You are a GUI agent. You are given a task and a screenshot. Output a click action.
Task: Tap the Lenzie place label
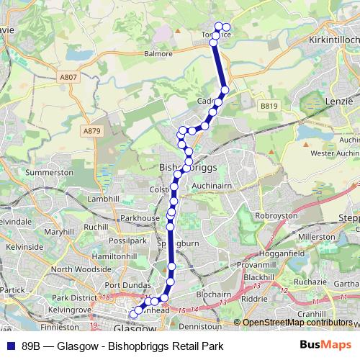pos(339,102)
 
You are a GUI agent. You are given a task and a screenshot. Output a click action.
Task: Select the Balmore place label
pos(158,53)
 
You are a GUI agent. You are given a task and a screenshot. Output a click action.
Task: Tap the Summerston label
pos(50,173)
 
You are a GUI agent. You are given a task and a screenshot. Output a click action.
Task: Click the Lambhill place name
pos(102,199)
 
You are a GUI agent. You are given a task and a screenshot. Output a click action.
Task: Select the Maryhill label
pos(59,233)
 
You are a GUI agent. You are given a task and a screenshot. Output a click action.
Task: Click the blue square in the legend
pos(11,346)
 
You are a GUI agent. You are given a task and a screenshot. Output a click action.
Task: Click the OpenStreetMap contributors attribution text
pos(297,323)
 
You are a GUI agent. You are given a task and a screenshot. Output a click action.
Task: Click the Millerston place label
pos(316,236)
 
